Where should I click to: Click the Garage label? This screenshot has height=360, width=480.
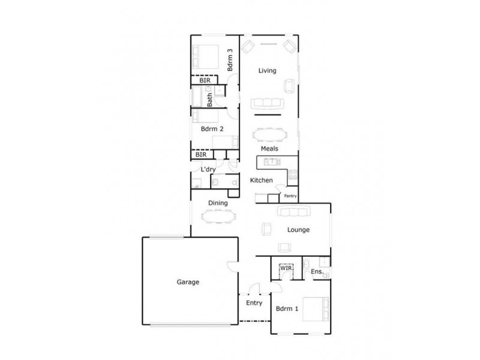pos(188,282)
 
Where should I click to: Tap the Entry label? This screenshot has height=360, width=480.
pos(254,303)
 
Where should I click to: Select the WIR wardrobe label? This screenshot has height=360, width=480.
pos(286,268)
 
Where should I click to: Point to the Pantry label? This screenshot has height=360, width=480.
pos(291,196)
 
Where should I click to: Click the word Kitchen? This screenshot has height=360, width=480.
pos(262,181)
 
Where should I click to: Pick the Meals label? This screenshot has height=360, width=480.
pos(268,149)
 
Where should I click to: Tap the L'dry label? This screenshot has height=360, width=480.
pos(208,169)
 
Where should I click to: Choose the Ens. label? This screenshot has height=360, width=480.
pos(317,272)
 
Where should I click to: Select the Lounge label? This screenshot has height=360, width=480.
pos(298,229)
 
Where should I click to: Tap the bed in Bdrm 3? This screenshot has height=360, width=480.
pos(205,58)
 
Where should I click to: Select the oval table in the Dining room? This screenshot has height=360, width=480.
pos(217,215)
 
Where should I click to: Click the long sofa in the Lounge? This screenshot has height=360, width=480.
pos(293,212)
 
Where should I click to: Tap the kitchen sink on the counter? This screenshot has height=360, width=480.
pos(271,161)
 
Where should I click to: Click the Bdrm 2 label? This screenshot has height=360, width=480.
pos(212,129)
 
